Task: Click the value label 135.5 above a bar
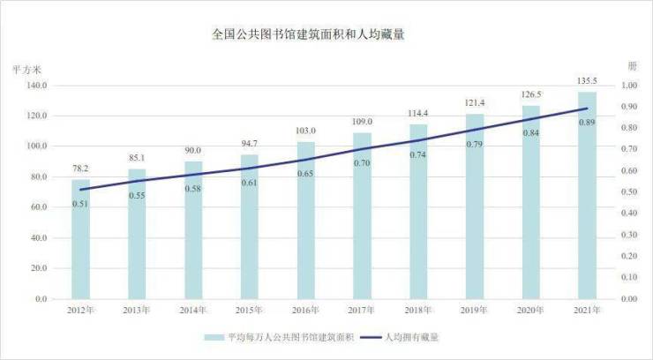tap(587, 81)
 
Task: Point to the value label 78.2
tap(80, 168)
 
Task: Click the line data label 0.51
tap(80, 204)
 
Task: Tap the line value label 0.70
tap(362, 163)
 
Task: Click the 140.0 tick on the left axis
tap(36, 86)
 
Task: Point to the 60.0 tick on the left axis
tap(38, 207)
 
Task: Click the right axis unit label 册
tap(631, 66)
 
